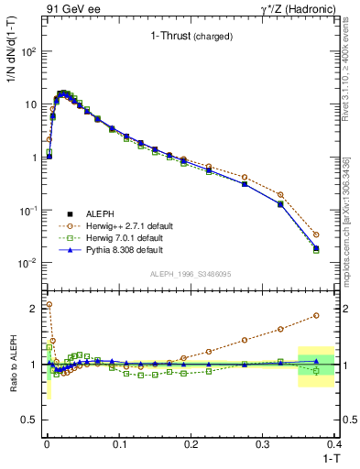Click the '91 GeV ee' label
[x=72, y=9]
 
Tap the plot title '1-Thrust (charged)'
[x=191, y=37]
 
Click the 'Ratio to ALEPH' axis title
[x=11, y=365]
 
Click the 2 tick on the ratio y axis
[x=37, y=308]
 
